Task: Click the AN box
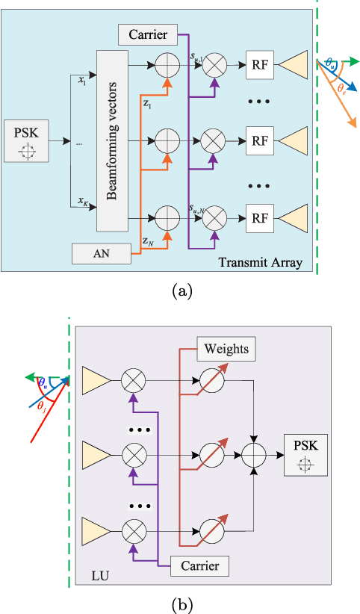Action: [102, 254]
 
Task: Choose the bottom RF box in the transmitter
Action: [258, 218]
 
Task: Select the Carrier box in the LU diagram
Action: [199, 565]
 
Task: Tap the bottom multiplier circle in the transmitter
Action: [216, 218]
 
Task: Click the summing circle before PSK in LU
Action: [256, 453]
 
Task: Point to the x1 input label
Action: [82, 81]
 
